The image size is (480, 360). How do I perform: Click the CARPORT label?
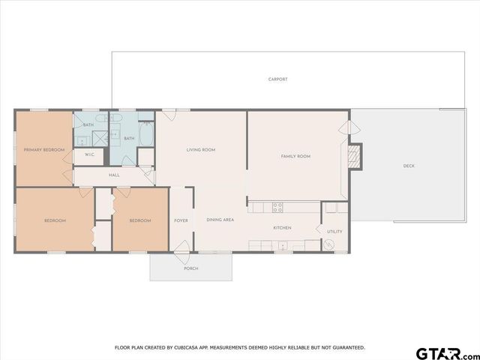click(x=277, y=79)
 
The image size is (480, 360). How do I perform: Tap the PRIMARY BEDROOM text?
click(x=43, y=150)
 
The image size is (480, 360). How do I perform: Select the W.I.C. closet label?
click(x=88, y=154)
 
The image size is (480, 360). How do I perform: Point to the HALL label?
click(x=114, y=175)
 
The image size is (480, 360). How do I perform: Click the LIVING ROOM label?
click(x=201, y=150)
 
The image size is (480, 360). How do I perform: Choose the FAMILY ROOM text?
click(x=295, y=156)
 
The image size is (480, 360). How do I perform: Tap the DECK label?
click(x=409, y=166)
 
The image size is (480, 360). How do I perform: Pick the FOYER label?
click(x=181, y=220)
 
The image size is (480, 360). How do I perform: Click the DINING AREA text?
click(x=220, y=220)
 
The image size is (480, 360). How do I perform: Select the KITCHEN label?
click(x=282, y=227)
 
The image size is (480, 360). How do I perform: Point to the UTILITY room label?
click(x=334, y=231)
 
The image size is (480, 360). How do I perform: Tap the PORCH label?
click(x=191, y=268)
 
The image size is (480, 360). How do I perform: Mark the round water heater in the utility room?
click(x=328, y=244)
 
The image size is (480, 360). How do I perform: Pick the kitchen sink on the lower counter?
click(x=282, y=245)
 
